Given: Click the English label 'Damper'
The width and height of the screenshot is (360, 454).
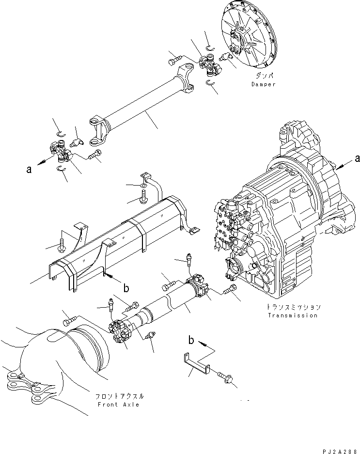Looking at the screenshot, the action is click(x=263, y=84).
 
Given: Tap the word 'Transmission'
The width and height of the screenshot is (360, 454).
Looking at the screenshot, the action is click(x=293, y=315).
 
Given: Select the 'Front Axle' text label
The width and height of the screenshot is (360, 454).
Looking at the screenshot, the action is click(x=118, y=405).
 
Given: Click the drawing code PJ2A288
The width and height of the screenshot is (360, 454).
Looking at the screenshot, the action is click(x=339, y=451).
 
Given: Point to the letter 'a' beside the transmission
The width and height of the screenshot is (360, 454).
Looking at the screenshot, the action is click(x=357, y=158).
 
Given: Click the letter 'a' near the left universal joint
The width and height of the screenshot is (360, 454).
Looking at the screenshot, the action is click(x=29, y=169).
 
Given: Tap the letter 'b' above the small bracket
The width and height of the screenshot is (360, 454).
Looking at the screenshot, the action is click(x=191, y=340).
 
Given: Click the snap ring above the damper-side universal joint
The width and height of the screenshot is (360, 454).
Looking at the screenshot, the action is click(x=211, y=48).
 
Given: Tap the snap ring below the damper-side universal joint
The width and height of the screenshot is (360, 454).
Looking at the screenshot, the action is click(x=210, y=83).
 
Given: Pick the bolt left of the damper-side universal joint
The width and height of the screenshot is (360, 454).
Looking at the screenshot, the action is click(x=174, y=60).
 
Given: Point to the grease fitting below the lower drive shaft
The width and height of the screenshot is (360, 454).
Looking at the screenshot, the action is click(x=150, y=335).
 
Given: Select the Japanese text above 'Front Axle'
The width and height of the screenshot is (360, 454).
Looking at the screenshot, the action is click(x=119, y=396).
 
